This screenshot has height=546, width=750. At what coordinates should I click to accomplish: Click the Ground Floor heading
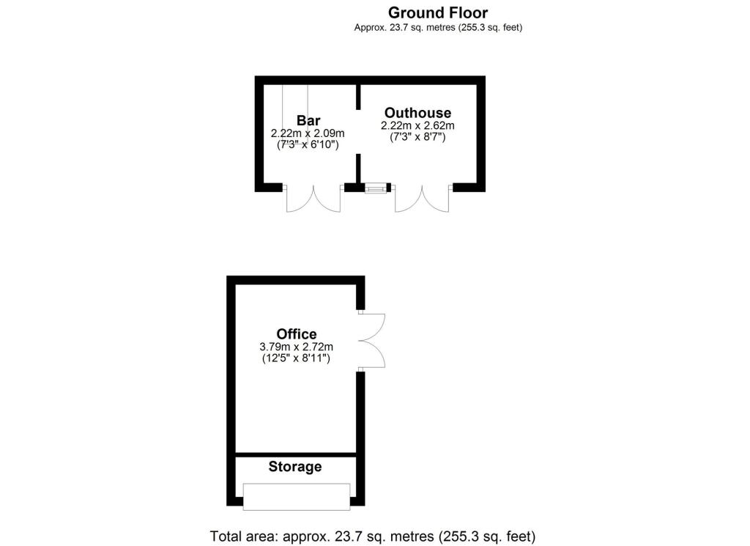click(x=437, y=12)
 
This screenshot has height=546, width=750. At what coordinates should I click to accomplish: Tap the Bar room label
click(x=308, y=120)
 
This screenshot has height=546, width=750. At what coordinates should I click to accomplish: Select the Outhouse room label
click(x=417, y=113)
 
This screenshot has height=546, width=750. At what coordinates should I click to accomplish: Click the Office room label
click(x=297, y=334)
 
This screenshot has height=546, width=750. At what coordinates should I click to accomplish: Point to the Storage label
click(x=295, y=467)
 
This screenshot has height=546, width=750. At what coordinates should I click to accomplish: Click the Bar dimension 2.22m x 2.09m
click(x=308, y=133)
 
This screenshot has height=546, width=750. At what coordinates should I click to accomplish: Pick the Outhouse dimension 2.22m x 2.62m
click(x=417, y=125)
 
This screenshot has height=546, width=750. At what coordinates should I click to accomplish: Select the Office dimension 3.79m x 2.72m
click(x=297, y=347)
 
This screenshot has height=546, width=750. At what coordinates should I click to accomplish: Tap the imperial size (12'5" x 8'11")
click(x=297, y=359)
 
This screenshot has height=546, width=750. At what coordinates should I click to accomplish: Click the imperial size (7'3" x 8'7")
click(x=417, y=137)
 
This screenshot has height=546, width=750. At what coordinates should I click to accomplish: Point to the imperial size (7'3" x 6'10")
click(x=308, y=145)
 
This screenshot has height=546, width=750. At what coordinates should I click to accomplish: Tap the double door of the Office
click(x=372, y=341)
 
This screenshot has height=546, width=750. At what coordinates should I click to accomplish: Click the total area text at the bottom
click(x=374, y=535)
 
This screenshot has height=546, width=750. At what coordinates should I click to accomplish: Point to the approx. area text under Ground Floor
click(x=437, y=28)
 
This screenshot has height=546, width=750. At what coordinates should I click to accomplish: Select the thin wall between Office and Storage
click(x=296, y=455)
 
